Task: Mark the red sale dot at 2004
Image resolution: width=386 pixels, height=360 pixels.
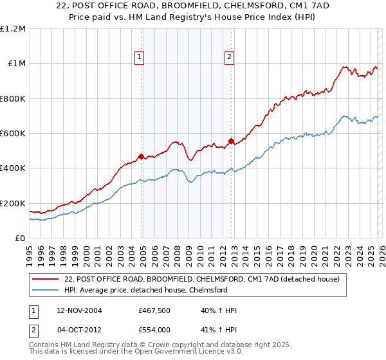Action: [x=141, y=156]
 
